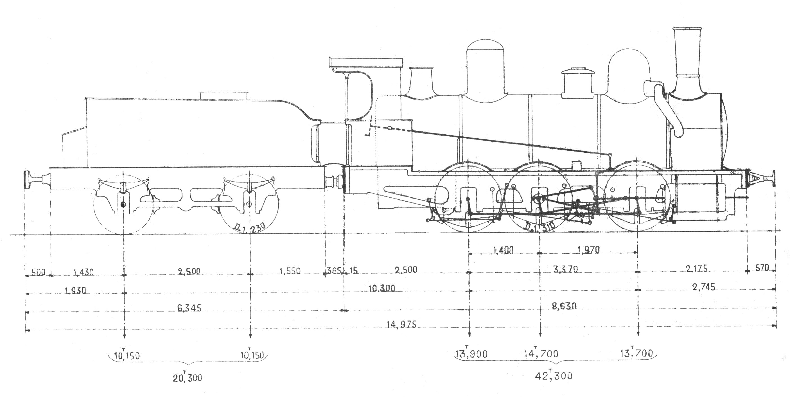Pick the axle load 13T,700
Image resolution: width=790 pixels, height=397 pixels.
click(637, 353)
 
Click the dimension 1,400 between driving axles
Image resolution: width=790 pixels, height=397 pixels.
click(503, 250)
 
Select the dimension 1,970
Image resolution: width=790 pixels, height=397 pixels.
click(588, 250)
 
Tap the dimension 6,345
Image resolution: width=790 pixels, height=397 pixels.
click(189, 308)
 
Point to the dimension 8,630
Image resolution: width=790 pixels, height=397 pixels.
click(564, 306)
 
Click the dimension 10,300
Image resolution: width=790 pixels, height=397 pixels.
click(382, 288)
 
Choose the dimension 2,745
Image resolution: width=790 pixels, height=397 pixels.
click(704, 287)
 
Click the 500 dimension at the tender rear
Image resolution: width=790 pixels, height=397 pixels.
click(39, 272)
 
